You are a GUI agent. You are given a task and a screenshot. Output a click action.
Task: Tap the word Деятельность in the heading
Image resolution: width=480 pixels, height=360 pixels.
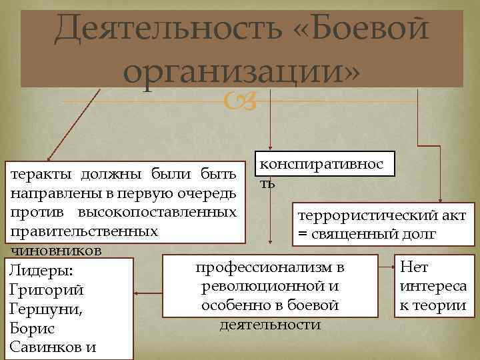(163, 29)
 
